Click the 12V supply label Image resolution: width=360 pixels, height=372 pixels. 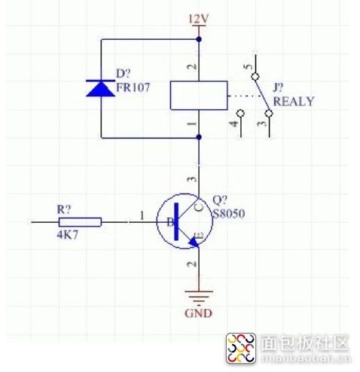click(199, 19)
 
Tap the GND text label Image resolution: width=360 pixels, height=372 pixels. click(198, 313)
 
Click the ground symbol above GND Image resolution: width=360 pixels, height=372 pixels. click(199, 297)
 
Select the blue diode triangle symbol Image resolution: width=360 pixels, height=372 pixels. click(101, 88)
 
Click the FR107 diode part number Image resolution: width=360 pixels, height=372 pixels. click(133, 87)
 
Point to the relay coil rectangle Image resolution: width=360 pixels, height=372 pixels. click(199, 96)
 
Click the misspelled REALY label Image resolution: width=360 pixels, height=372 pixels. click(294, 102)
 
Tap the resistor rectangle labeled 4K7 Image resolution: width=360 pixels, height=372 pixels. click(80, 222)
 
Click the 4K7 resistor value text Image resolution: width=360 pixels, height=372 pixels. click(68, 235)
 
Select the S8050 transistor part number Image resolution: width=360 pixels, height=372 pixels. click(229, 214)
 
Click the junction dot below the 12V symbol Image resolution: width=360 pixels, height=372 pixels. click(199, 39)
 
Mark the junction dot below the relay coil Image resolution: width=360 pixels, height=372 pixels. click(199, 137)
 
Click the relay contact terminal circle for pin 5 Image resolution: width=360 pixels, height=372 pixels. click(255, 76)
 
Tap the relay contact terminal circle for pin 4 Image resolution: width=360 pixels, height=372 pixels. click(241, 113)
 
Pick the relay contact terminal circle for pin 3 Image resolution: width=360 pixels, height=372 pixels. click(269, 114)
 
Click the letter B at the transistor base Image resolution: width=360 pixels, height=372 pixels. click(170, 222)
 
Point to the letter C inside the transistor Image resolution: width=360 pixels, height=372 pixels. click(199, 207)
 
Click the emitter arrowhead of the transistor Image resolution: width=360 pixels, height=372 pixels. click(194, 242)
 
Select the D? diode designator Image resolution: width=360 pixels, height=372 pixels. click(124, 74)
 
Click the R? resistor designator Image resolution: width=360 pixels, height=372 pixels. click(64, 209)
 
